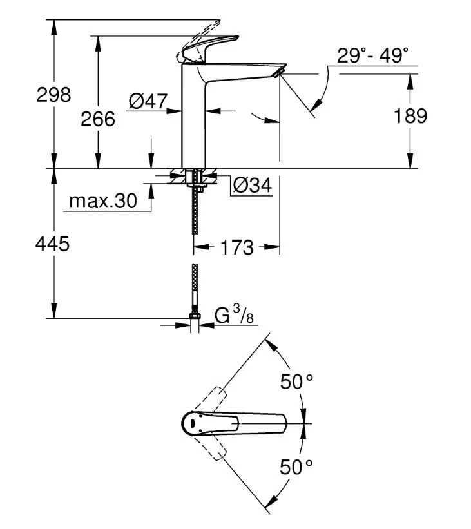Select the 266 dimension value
(97, 119)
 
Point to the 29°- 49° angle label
(373, 55)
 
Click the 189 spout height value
(410, 116)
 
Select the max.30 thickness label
(103, 202)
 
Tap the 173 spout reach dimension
(236, 247)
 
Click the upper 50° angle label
(296, 382)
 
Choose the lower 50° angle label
(296, 466)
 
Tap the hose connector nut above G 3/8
(193, 315)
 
